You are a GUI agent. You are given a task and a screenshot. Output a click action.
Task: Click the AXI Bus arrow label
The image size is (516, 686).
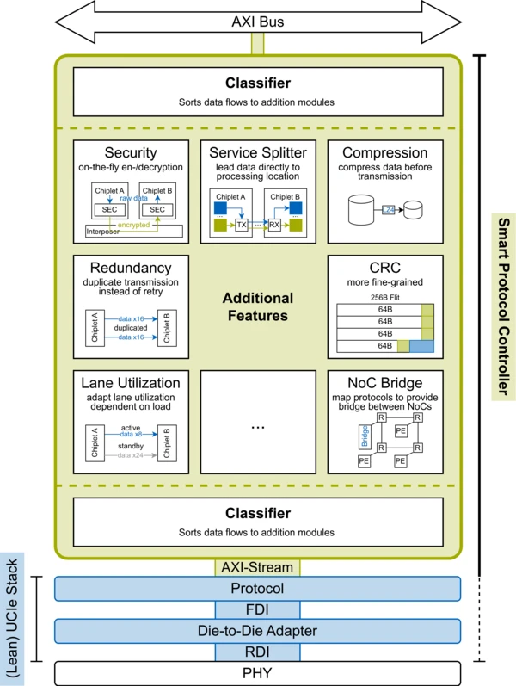pos(258,22)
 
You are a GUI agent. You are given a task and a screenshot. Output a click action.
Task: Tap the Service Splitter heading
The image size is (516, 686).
pos(257,152)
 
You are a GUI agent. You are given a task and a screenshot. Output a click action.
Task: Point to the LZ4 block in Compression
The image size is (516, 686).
pos(388,209)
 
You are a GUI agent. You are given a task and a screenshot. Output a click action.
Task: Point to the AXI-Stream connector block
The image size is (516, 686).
pos(258,567)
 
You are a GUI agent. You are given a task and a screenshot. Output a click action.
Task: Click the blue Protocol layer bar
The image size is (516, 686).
pos(258,589)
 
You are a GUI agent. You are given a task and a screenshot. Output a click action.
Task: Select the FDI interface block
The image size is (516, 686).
pos(258,609)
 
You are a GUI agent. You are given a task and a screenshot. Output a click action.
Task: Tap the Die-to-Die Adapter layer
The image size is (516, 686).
pos(258,631)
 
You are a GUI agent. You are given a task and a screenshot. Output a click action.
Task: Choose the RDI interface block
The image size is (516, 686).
pos(258,652)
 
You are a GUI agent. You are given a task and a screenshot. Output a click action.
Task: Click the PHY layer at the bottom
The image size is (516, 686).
pos(258,673)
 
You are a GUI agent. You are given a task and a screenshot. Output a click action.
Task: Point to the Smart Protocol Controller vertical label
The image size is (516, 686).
pos(503,307)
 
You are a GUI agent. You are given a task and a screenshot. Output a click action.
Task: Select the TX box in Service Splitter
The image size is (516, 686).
pos(242,225)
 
